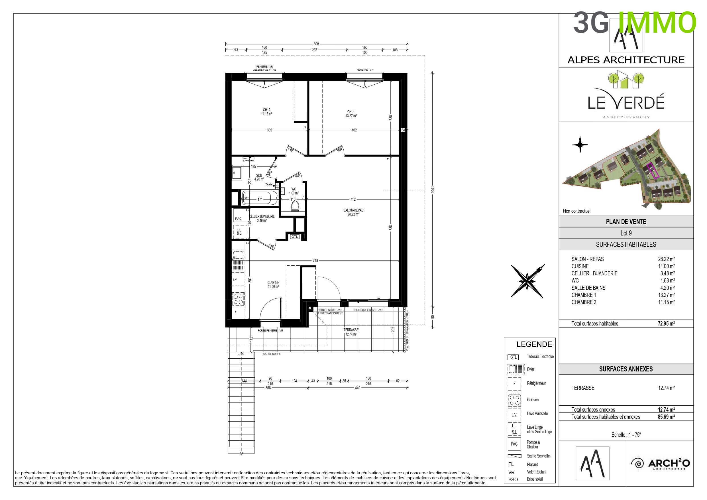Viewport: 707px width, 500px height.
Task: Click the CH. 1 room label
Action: [x=351, y=114]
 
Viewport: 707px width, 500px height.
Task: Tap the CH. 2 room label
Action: [x=266, y=112]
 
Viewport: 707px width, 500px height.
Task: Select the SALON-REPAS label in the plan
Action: [x=353, y=212]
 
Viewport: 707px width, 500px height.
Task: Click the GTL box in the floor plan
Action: [x=295, y=237]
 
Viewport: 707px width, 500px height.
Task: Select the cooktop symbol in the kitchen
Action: [x=238, y=299]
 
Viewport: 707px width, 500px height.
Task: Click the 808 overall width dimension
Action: [x=316, y=44]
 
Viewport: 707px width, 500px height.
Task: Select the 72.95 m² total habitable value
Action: [x=666, y=324]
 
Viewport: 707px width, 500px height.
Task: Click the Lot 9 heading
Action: [x=626, y=233]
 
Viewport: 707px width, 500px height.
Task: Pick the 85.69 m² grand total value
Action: [x=666, y=417]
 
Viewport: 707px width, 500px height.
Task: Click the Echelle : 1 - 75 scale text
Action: [x=626, y=435]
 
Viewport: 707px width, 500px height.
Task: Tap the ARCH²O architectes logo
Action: [x=660, y=464]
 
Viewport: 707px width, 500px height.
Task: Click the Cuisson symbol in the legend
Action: [x=514, y=400]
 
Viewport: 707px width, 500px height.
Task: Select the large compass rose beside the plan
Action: [x=527, y=281]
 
